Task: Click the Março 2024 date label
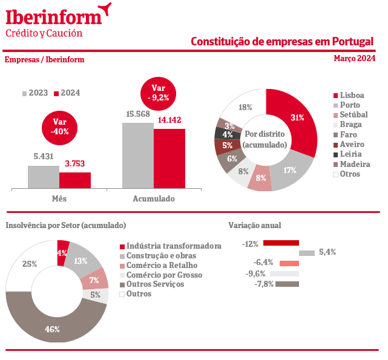[354, 59]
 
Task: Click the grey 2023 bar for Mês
[44, 177]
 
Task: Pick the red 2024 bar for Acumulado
[169, 159]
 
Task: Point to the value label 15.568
[138, 114]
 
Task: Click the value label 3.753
[76, 163]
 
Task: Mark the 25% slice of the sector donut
[29, 264]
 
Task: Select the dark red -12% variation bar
[281, 243]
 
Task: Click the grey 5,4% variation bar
[306, 253]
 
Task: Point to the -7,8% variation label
[265, 284]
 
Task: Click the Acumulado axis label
[153, 198]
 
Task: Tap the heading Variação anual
[254, 225]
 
